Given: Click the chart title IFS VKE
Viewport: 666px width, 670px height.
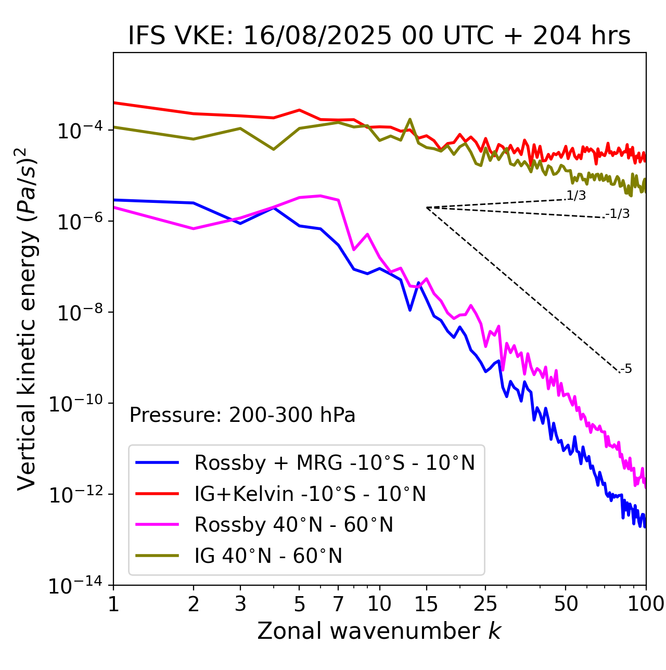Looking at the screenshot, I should click(379, 36).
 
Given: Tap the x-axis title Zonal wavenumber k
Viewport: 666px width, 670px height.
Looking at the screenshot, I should click(379, 630).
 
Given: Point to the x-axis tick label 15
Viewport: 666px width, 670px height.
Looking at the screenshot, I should click(426, 604).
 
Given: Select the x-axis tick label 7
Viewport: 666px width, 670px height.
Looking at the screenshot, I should click(338, 604).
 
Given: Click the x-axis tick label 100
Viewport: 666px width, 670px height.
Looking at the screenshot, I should click(646, 604).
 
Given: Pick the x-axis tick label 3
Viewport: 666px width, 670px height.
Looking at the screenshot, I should click(240, 604).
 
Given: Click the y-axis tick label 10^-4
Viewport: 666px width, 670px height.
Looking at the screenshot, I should click(78, 131).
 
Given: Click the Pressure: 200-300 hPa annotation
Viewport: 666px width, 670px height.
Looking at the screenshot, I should click(242, 415).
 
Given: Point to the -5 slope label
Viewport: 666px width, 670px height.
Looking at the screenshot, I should click(626, 369).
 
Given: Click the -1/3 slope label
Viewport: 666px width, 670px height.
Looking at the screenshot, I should click(618, 213).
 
